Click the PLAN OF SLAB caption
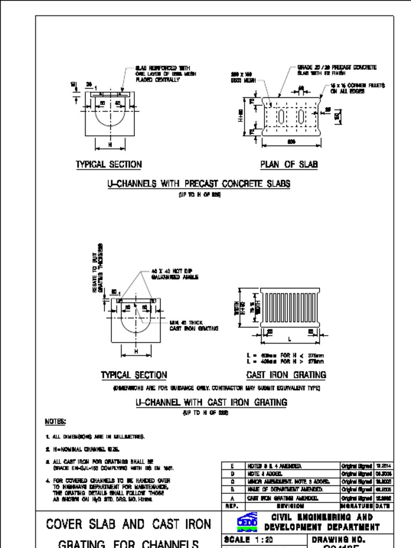(288, 164)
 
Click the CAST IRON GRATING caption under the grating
(286, 375)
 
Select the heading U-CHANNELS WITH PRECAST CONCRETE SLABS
(199, 184)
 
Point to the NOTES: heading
(56, 421)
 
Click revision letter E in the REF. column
(232, 466)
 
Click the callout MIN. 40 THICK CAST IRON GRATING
(193, 325)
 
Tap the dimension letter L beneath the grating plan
(290, 339)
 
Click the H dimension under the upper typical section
(110, 144)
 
